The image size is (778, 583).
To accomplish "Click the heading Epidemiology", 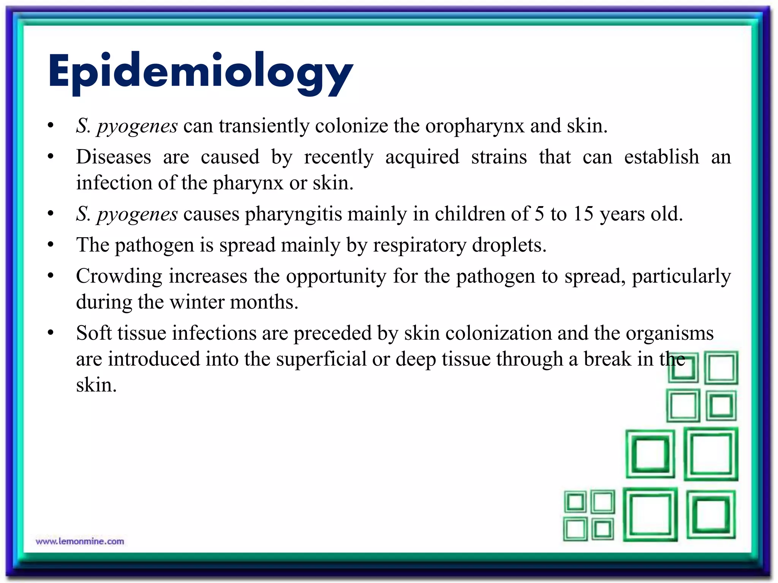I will click(x=200, y=72).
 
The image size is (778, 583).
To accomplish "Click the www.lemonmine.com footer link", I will click(x=80, y=541).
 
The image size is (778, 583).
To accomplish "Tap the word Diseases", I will click(x=113, y=157).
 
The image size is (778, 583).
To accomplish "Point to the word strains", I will click(x=499, y=157).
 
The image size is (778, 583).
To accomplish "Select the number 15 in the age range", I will click(x=583, y=214).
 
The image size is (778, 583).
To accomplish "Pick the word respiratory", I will click(x=419, y=245).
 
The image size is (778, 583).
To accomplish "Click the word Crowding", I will click(x=119, y=276).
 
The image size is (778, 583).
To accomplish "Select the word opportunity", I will click(x=336, y=276).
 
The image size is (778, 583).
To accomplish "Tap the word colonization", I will click(x=498, y=333).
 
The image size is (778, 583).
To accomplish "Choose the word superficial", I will click(x=321, y=359).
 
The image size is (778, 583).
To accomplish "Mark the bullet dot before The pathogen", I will click(x=51, y=245).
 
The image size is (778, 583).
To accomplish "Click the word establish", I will click(x=661, y=157).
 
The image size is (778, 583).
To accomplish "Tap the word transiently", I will click(x=264, y=126).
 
